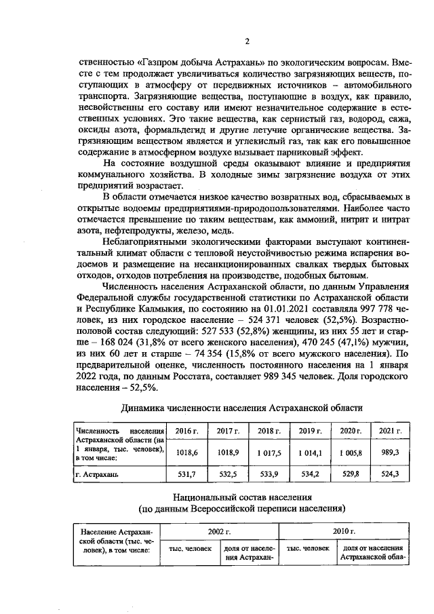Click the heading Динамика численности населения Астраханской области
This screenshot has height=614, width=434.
tap(241, 408)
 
